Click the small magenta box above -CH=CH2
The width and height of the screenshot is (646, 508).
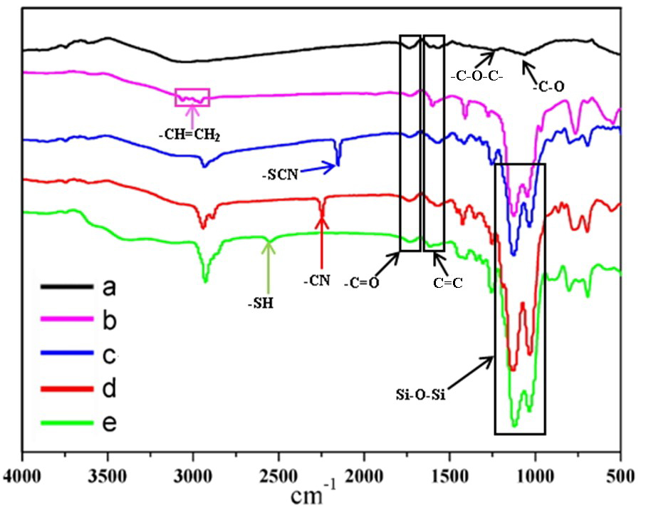192,97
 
